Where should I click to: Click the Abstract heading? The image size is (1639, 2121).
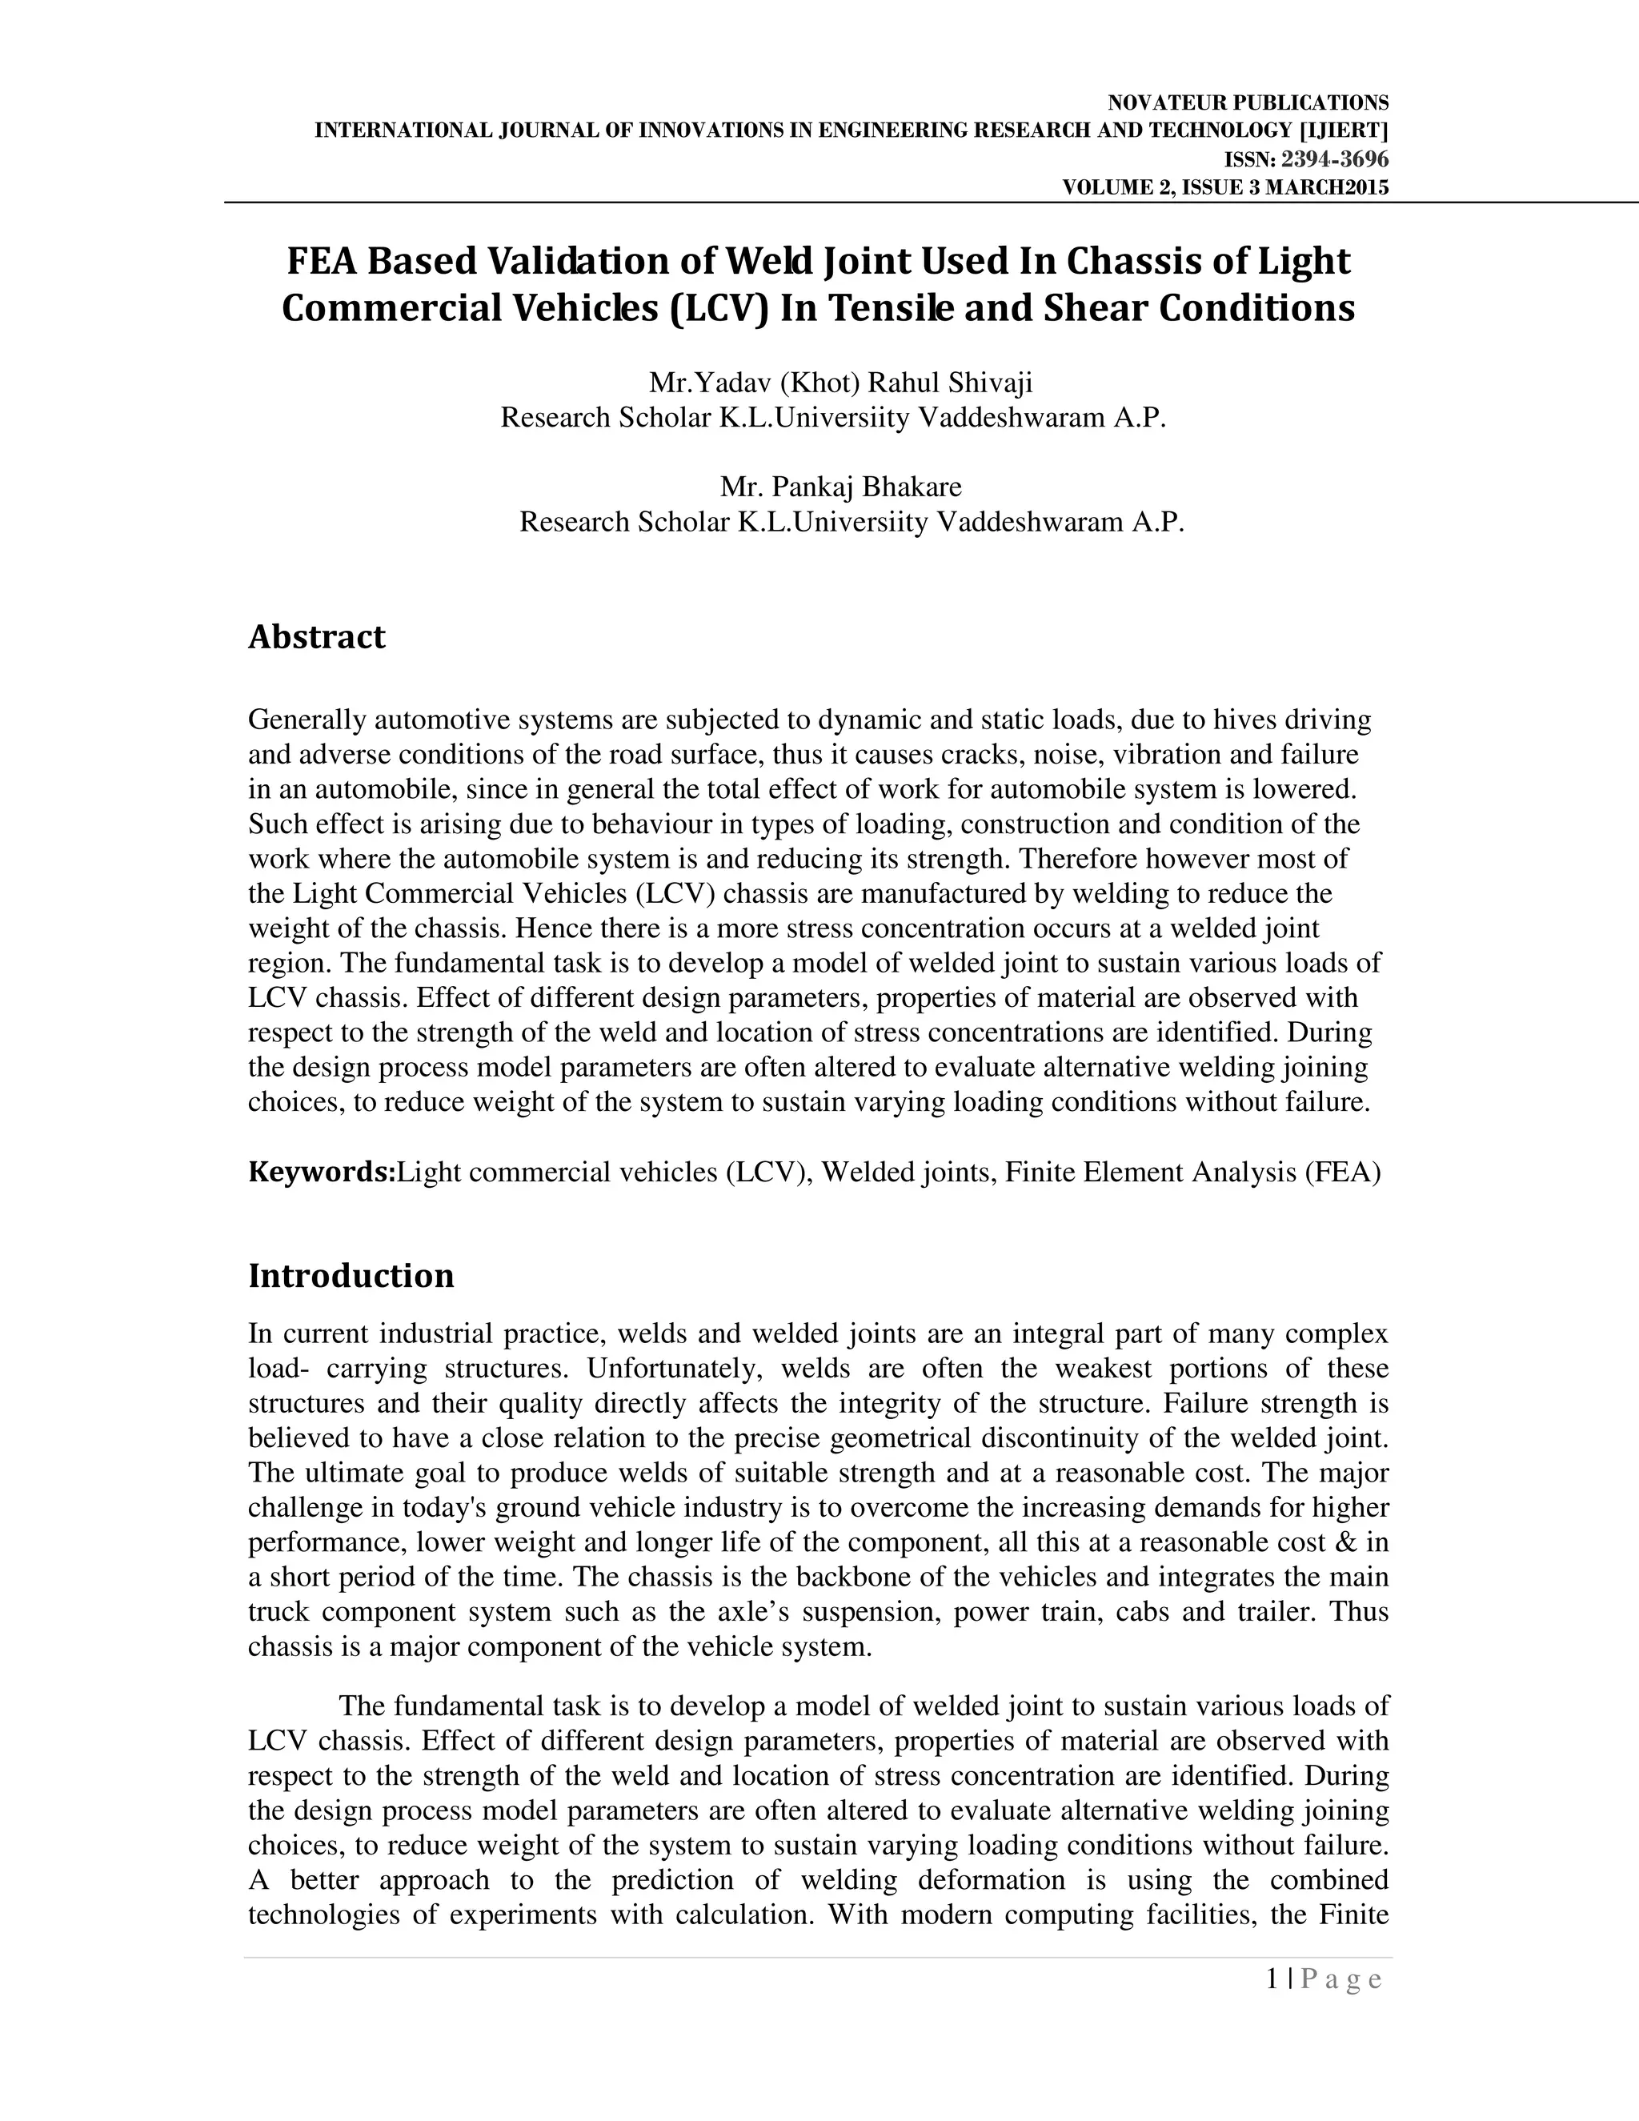[317, 637]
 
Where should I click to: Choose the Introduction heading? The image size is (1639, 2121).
[351, 1275]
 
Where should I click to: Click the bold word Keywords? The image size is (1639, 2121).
[322, 1173]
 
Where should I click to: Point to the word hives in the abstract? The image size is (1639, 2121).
[1239, 720]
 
